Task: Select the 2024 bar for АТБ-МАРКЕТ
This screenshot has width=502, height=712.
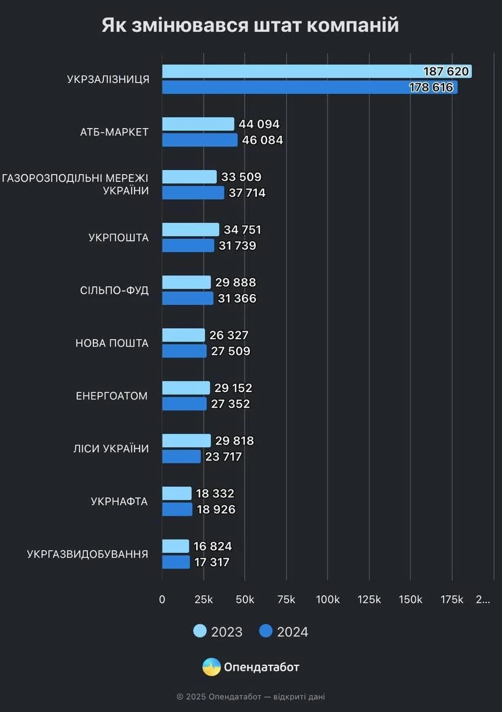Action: (200, 140)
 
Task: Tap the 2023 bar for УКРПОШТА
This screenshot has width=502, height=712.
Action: (191, 230)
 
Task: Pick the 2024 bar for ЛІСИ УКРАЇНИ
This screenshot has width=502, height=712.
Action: (181, 457)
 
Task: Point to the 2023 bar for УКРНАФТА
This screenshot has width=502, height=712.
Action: (177, 493)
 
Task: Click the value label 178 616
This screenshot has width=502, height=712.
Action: (431, 87)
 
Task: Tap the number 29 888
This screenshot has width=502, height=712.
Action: (237, 283)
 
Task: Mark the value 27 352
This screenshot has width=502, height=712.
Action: (231, 404)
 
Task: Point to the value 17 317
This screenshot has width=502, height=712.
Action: (212, 562)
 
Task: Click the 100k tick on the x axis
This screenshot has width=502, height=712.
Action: (327, 600)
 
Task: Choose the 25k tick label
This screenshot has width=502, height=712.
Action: (203, 600)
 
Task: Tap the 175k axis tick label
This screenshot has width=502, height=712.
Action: (452, 600)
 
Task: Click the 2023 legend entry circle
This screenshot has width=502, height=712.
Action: (200, 631)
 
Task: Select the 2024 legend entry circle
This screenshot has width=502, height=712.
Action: (266, 631)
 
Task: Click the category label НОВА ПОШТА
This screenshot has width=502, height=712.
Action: (112, 343)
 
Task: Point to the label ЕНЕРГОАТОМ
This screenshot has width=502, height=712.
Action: (112, 396)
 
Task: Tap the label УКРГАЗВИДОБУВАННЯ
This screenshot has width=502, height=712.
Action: (87, 554)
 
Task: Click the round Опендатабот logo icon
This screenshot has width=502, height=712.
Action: (211, 667)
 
